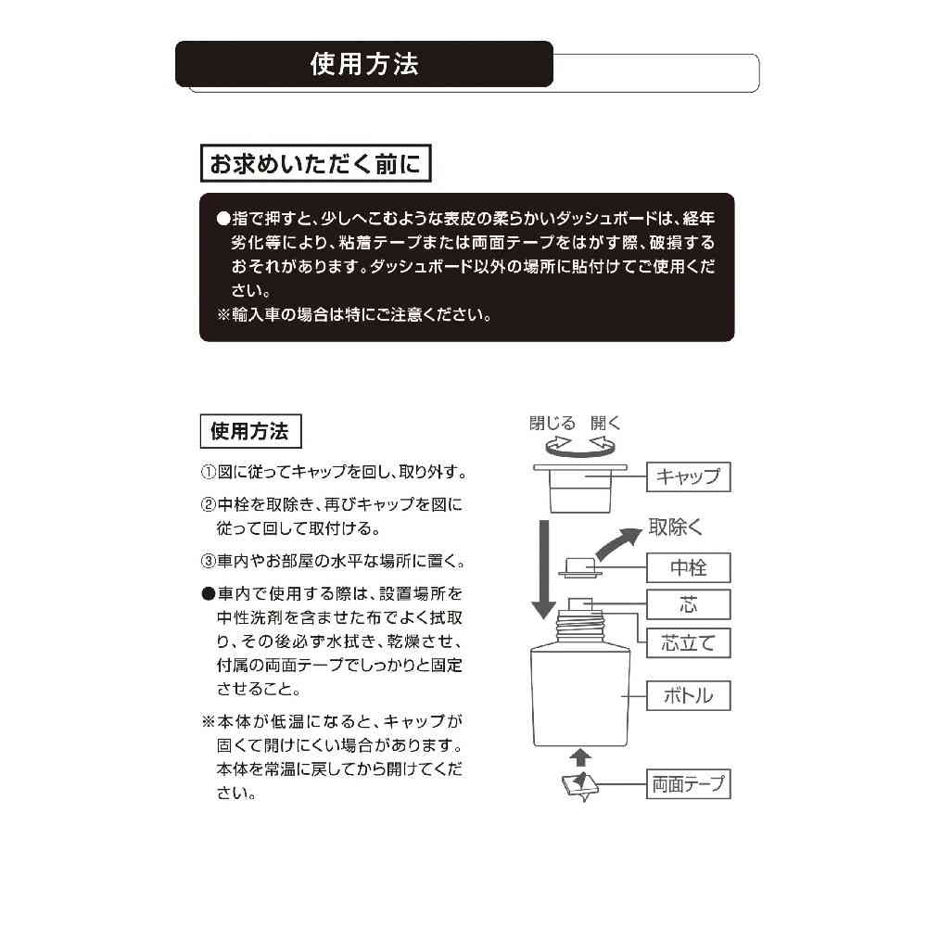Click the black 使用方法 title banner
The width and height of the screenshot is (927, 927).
[x=364, y=64]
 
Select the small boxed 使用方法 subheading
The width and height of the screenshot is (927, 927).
[x=249, y=431]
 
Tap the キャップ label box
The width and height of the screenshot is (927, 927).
[x=688, y=476]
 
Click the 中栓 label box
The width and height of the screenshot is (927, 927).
[x=688, y=566]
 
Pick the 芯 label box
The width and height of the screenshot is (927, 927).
[x=688, y=604]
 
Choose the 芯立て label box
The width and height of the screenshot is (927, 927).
[x=688, y=642]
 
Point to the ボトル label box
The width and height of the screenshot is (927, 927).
[x=688, y=695]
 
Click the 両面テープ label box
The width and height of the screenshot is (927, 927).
[x=688, y=784]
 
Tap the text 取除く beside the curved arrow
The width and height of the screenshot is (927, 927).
[x=676, y=527]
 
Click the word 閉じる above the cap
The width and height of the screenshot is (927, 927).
[x=552, y=424]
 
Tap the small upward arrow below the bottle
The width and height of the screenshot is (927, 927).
[x=581, y=757]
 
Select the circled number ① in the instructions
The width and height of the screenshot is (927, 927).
[x=209, y=473]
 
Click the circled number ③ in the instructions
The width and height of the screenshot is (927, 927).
[x=209, y=562]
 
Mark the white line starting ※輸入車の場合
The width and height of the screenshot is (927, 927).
[x=353, y=314]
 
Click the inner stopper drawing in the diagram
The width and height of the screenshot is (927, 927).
[x=580, y=567]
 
